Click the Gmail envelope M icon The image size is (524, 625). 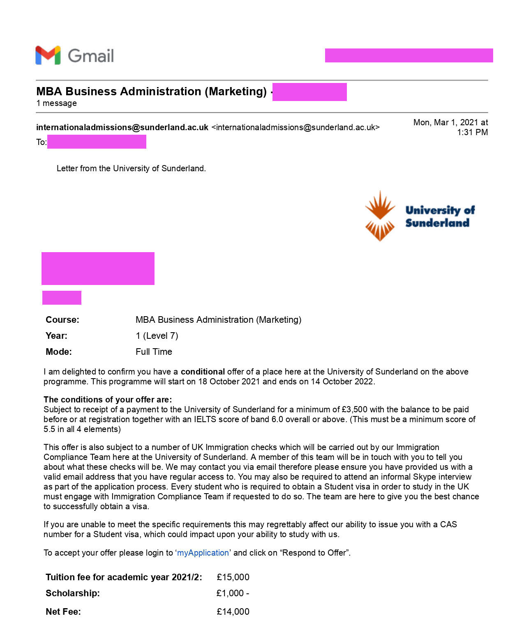48,55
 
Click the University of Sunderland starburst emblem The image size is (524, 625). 380,216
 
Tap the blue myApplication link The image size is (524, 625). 203,553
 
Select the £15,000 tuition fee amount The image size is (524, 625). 233,577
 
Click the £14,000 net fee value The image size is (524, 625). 233,611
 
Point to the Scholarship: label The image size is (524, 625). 72,593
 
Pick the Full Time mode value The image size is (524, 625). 154,352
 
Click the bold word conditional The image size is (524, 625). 203,372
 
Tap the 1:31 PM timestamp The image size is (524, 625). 472,132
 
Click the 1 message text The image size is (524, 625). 56,103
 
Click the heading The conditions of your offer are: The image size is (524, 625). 108,400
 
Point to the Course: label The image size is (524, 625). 62,319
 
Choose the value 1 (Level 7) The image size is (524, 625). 157,335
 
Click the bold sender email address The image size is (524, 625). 122,127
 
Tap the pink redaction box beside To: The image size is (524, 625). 97,142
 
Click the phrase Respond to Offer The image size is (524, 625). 315,553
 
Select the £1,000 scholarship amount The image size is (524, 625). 231,593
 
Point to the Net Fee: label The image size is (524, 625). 63,611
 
